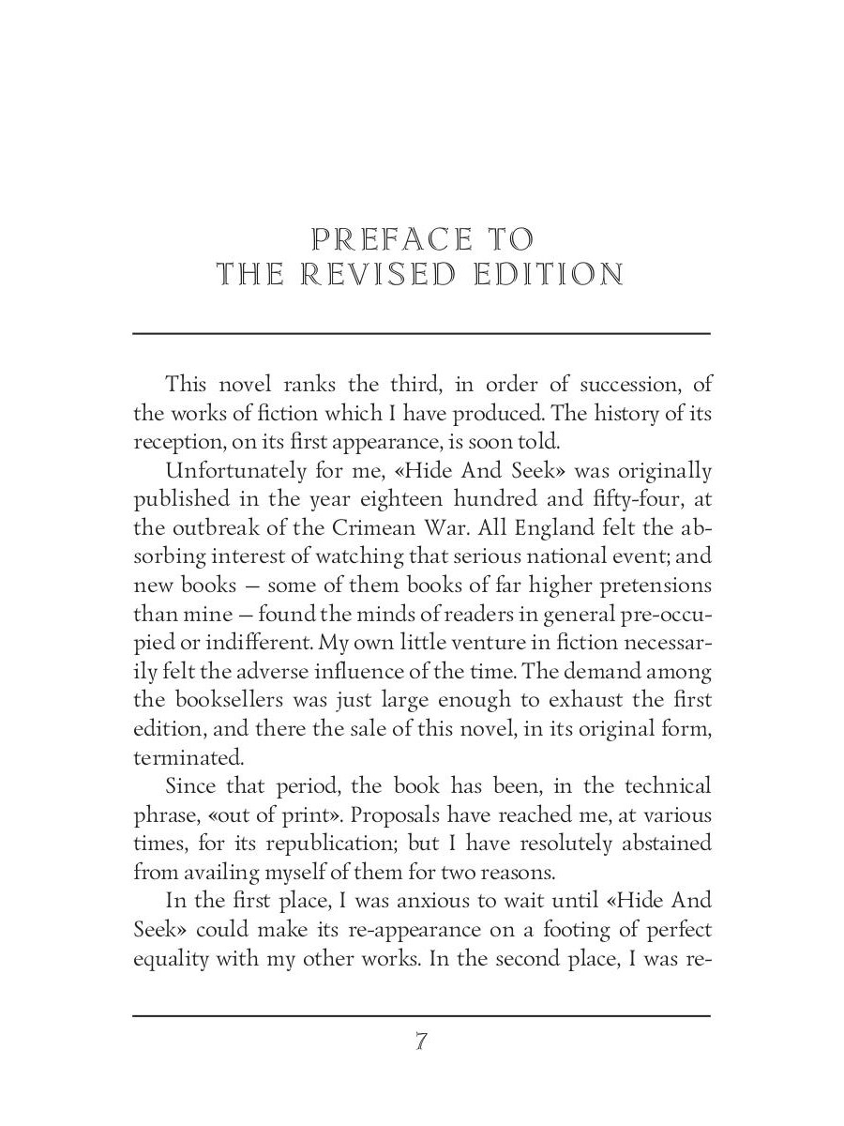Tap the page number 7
(421, 1042)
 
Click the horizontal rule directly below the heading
(421, 333)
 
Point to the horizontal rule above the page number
(421, 1015)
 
